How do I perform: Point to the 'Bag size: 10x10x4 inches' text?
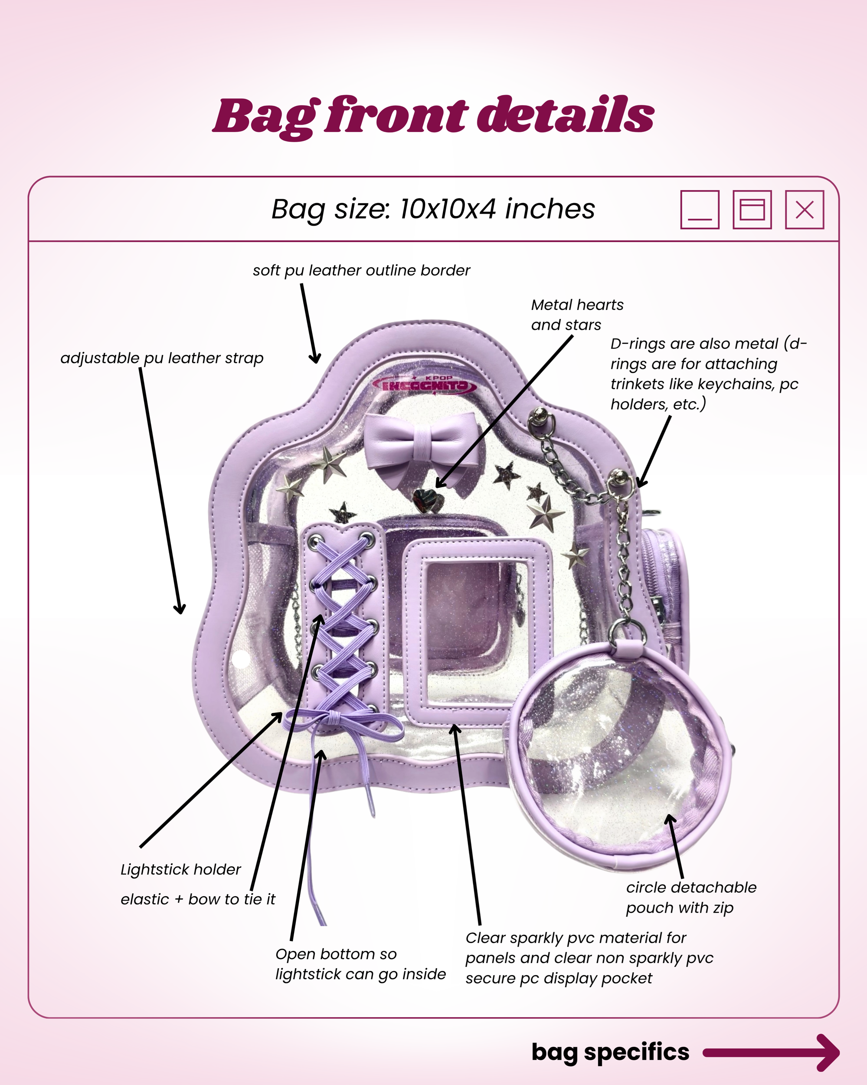point(433,209)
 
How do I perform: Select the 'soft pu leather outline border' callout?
point(361,271)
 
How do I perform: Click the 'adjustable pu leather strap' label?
point(162,358)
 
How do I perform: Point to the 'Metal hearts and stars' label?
point(576,315)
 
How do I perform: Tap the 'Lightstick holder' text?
point(180,870)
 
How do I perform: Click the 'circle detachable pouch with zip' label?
point(690,897)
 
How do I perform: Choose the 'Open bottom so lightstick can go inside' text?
point(360,964)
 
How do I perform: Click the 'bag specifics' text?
point(610,1052)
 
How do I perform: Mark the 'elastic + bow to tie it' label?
point(198,899)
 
